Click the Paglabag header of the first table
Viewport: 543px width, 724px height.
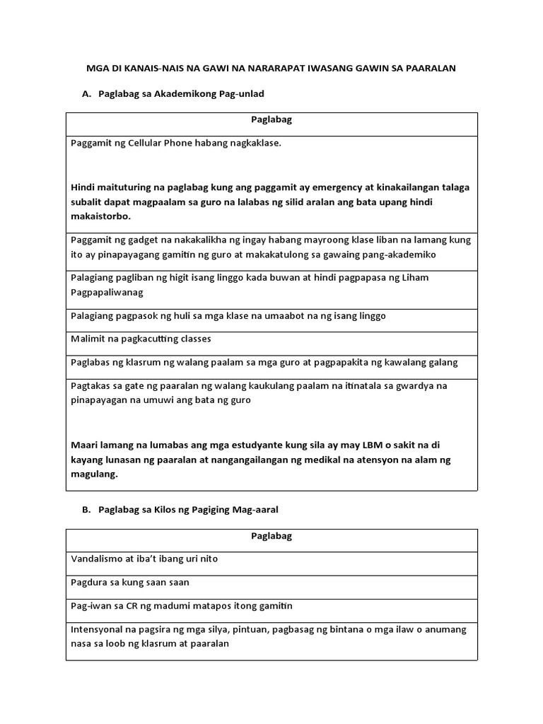tap(271, 119)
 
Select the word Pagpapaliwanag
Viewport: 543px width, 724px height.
tap(108, 291)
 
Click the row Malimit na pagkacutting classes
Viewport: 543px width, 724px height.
tap(141, 339)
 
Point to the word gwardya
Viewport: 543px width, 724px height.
tap(424, 385)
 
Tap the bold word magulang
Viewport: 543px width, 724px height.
tap(93, 475)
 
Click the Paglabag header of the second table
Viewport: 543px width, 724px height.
tap(271, 536)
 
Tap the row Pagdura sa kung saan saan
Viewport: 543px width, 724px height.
tap(130, 583)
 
